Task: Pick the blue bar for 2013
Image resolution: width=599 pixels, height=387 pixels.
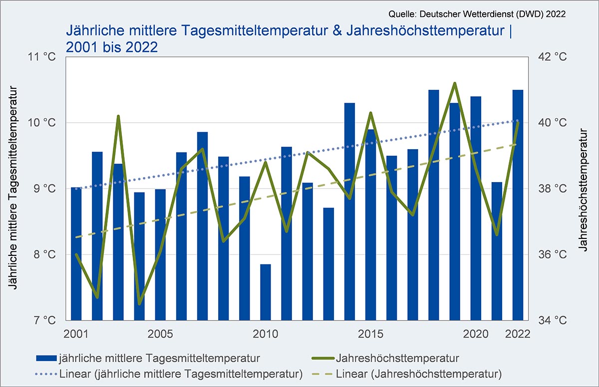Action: point(328,264)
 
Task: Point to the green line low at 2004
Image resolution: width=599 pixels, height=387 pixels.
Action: point(139,304)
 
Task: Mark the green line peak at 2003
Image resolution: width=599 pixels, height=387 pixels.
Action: point(118,116)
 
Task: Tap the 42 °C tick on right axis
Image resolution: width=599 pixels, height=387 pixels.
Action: point(554,57)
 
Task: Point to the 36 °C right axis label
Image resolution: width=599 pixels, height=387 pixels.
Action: point(554,254)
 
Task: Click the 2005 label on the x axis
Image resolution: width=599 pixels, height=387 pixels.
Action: point(160,333)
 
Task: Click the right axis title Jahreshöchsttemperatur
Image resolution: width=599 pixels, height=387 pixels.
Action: point(583,189)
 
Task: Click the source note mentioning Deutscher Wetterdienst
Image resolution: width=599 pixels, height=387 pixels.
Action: point(476,14)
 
